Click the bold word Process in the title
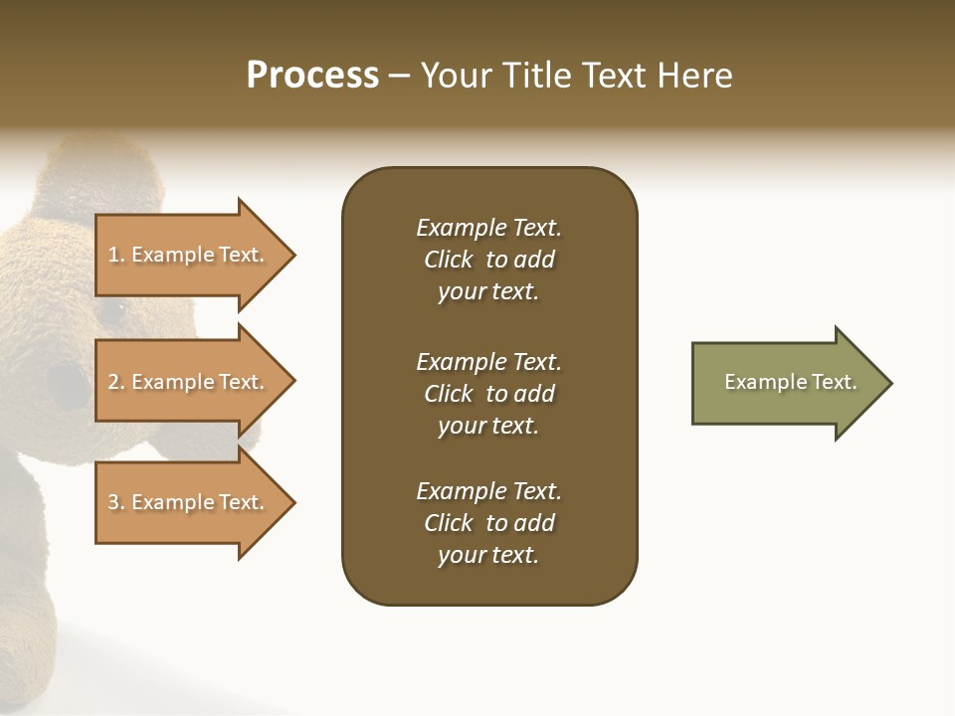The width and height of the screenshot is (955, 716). click(x=312, y=76)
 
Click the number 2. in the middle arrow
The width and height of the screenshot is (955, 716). click(x=116, y=382)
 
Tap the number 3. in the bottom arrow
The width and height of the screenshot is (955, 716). click(x=116, y=502)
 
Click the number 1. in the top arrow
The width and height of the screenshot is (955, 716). click(x=116, y=255)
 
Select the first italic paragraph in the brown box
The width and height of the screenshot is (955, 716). click(x=488, y=260)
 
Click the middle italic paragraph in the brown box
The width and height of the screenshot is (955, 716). click(x=488, y=394)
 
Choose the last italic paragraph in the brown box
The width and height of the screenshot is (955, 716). click(x=488, y=523)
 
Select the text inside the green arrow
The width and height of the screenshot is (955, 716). click(x=790, y=382)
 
